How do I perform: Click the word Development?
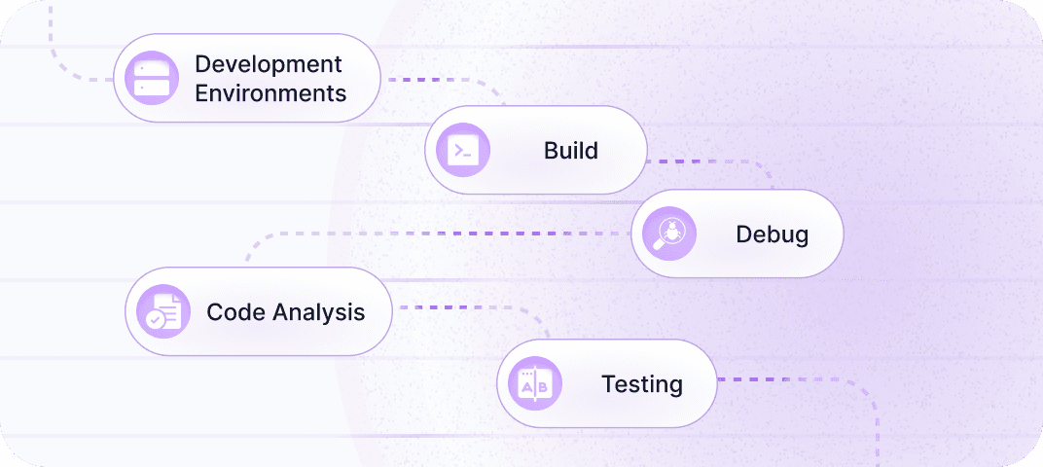[269, 64]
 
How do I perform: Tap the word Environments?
[270, 93]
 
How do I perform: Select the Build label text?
[570, 151]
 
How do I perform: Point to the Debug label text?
[772, 234]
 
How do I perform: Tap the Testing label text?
[641, 383]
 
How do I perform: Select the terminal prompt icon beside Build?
[463, 150]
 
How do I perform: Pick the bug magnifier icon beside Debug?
[669, 233]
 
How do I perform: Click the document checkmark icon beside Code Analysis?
[163, 311]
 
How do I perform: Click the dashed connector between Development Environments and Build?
[438, 79]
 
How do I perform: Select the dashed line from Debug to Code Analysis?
[438, 233]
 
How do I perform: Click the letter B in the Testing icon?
[543, 387]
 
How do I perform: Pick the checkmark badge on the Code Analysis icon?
[154, 318]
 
